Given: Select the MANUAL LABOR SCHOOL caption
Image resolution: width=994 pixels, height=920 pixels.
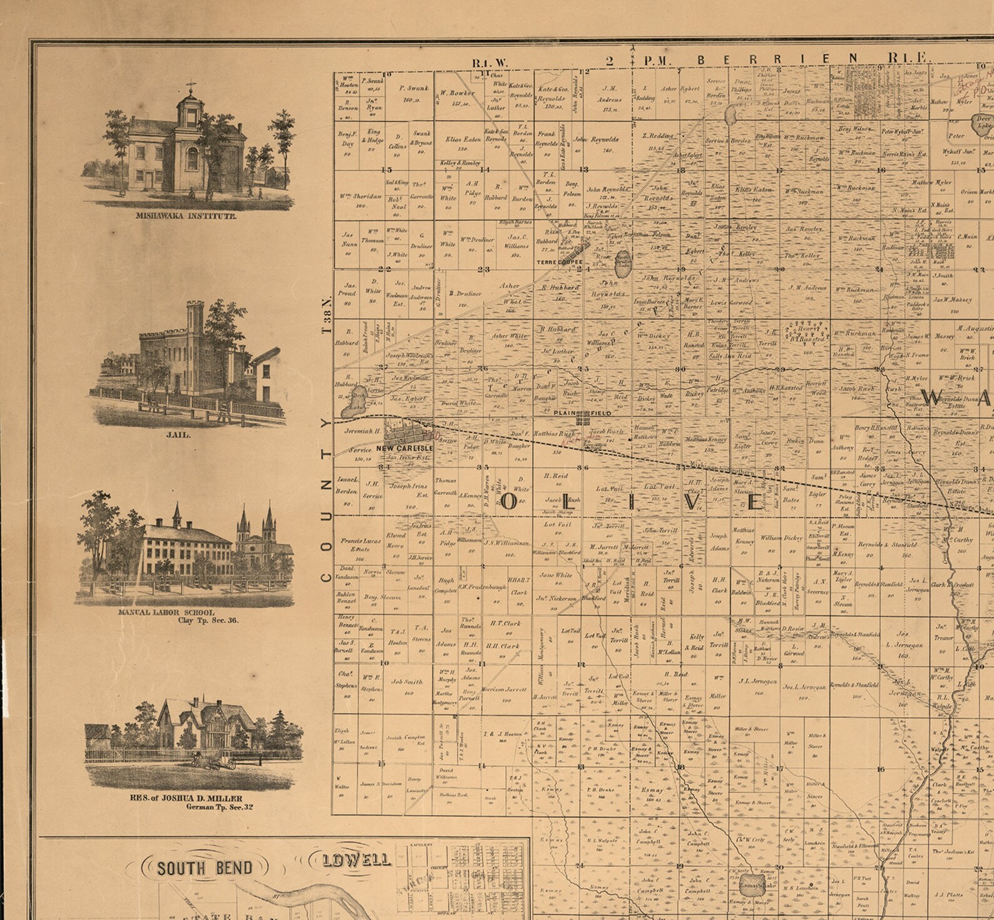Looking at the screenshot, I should point(167,613).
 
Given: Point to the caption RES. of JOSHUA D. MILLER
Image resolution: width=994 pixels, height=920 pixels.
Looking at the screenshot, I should point(186,798).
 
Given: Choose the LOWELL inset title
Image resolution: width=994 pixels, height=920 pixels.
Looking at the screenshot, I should point(357,860).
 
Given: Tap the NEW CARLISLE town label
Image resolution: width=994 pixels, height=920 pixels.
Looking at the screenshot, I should point(404,449).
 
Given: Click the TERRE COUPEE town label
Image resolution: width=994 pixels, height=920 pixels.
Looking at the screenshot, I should point(559,262).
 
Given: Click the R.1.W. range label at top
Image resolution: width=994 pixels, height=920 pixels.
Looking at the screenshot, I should point(491,63).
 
